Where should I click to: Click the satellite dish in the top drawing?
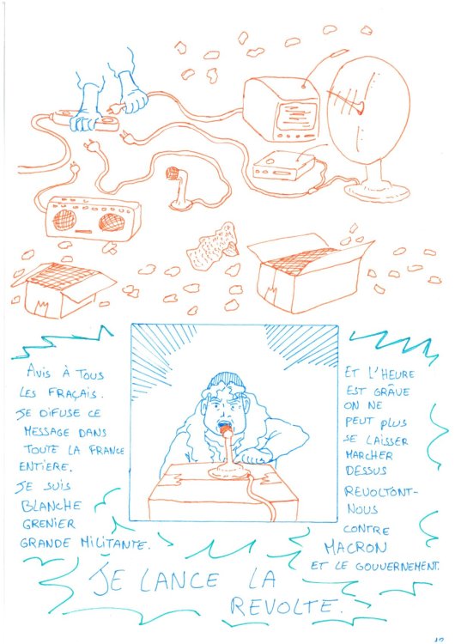pos(367,120)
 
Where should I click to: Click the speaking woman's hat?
pos(226,379)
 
